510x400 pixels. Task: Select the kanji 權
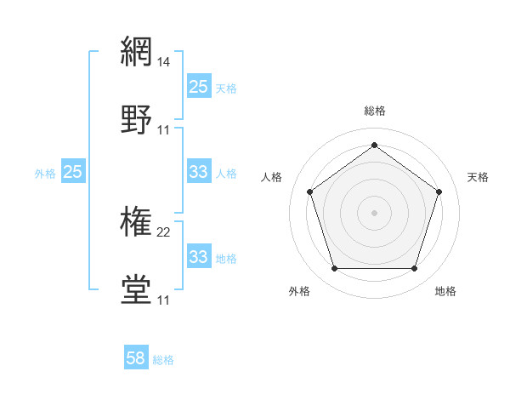[136, 222]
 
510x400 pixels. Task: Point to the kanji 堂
[136, 289]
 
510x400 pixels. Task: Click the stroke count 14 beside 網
[164, 62]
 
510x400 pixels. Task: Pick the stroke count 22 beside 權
[164, 232]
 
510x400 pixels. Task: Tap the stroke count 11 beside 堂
[164, 300]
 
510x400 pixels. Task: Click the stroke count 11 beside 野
[164, 129]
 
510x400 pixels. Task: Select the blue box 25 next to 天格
[198, 86]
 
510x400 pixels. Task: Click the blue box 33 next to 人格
[198, 172]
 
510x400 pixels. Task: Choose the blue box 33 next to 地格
[198, 256]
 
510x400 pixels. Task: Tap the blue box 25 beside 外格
[72, 172]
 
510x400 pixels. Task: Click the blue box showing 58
[135, 358]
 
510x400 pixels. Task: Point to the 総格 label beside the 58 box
[163, 360]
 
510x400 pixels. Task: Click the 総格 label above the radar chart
[374, 111]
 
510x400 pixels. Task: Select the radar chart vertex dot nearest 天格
[439, 191]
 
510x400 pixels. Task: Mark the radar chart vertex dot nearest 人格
[309, 191]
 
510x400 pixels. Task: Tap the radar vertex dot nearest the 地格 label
[414, 269]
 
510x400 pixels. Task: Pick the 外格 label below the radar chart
[299, 291]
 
